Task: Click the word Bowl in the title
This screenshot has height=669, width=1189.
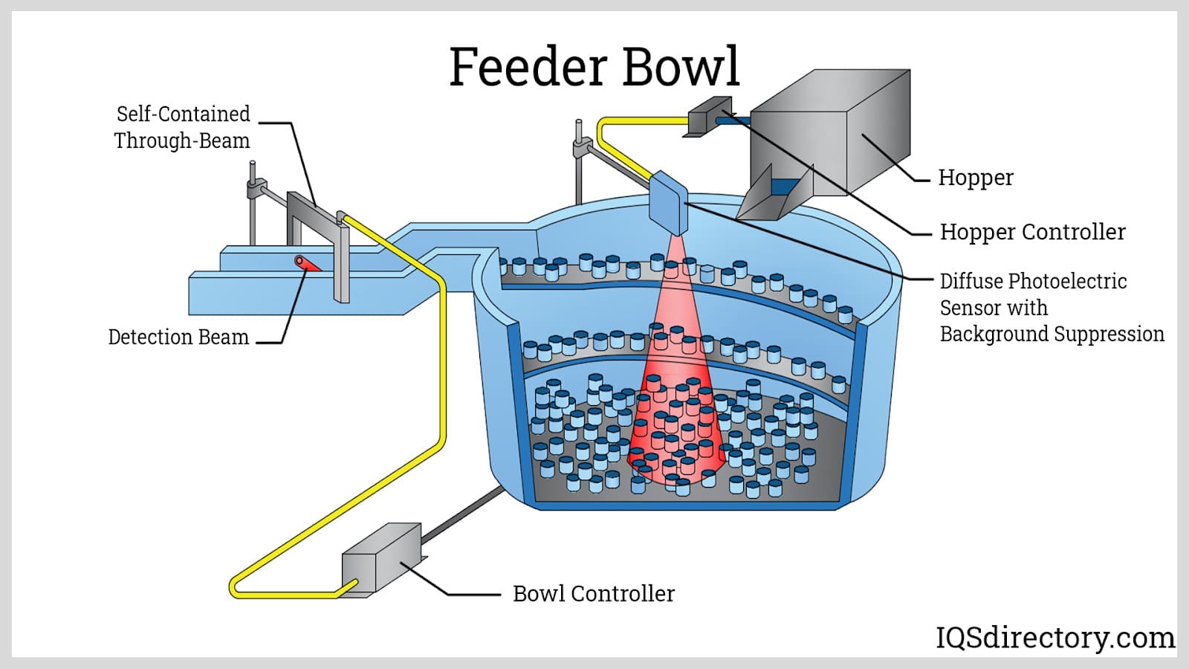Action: point(681,67)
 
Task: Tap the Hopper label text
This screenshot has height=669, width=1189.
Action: point(975,178)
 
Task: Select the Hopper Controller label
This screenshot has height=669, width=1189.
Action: point(1032,232)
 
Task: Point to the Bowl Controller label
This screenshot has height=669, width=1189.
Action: point(593,593)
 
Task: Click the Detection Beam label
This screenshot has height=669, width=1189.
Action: point(178,337)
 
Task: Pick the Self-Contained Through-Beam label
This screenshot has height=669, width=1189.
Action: point(182,127)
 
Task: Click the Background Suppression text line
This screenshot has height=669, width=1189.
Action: point(1052,334)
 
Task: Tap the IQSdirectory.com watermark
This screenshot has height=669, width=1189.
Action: point(1054,638)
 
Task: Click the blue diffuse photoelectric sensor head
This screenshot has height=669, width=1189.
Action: point(668,202)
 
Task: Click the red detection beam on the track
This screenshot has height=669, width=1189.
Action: point(306,264)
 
